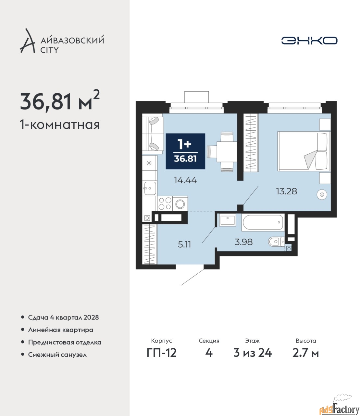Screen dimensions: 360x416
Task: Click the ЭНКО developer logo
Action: [309, 40]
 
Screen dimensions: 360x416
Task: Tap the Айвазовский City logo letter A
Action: [27, 41]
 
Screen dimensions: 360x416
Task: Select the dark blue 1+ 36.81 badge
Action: [185, 151]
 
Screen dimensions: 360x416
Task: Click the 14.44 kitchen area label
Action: [185, 180]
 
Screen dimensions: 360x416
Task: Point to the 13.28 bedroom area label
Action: [286, 191]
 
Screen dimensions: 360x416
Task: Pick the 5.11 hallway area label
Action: [184, 244]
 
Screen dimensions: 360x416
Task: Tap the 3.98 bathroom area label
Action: [243, 242]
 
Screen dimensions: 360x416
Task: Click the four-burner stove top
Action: [165, 203]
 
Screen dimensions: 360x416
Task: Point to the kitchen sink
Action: [150, 188]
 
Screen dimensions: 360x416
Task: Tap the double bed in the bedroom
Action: [304, 151]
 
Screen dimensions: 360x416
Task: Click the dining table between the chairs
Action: [227, 151]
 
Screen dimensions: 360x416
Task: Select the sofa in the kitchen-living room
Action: [153, 134]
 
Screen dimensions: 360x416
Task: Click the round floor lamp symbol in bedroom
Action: [322, 194]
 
